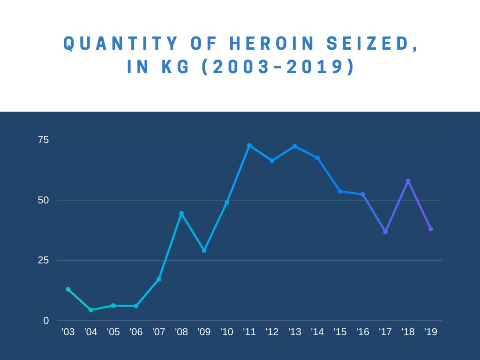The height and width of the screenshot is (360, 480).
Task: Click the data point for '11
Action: (x=249, y=146)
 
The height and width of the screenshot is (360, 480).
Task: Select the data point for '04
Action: (x=91, y=310)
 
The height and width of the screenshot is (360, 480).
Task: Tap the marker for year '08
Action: (x=181, y=214)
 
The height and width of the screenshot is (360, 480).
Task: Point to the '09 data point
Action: (x=204, y=250)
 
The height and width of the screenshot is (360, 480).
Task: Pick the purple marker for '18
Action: (x=408, y=181)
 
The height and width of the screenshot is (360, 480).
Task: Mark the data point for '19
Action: (x=431, y=229)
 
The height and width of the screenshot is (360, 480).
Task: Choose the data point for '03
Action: (x=68, y=289)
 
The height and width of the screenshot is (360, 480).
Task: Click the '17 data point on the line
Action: (x=385, y=232)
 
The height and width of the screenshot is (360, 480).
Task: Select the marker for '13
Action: (x=295, y=146)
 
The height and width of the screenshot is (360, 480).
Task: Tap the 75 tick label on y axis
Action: (x=43, y=140)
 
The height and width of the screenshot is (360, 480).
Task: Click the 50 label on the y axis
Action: (x=43, y=200)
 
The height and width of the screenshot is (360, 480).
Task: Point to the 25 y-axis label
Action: (x=43, y=260)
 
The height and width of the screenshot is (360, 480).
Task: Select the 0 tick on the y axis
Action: (x=46, y=321)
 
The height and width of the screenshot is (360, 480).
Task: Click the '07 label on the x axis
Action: (x=158, y=332)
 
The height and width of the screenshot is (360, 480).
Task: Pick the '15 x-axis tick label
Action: (x=340, y=332)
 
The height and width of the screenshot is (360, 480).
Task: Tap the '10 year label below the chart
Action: (x=226, y=332)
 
